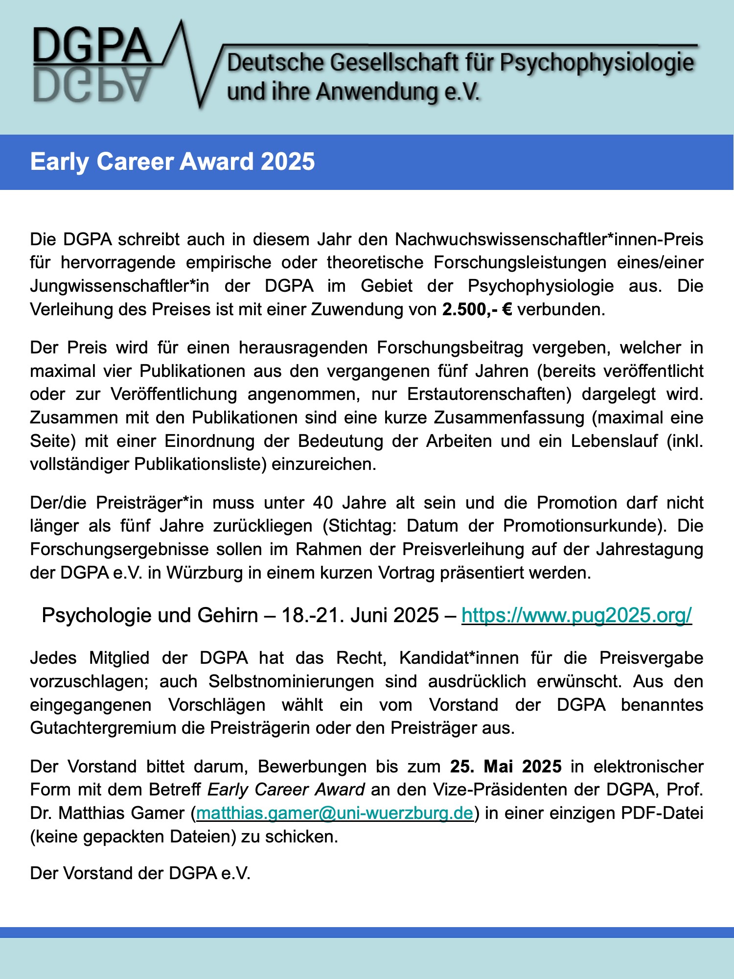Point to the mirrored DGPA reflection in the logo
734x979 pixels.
coord(91,84)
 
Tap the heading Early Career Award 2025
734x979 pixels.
coord(172,162)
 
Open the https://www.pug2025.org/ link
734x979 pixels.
coord(576,615)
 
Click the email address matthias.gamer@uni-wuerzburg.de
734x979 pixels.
coord(335,813)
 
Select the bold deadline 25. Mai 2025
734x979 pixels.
coord(505,767)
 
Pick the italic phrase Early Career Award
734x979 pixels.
coord(286,790)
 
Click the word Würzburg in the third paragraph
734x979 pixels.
coord(204,573)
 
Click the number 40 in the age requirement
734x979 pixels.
coord(323,503)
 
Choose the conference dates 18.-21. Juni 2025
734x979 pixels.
coord(360,615)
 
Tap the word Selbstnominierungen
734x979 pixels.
coord(291,681)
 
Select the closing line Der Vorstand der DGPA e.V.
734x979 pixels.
coord(140,873)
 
